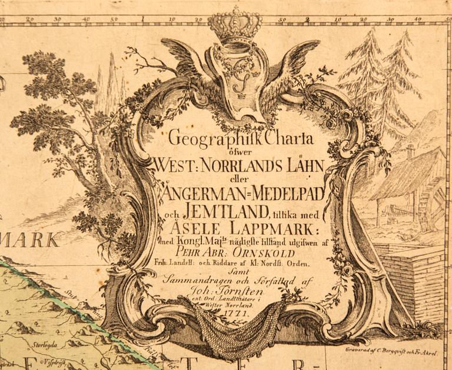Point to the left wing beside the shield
pyautogui.click(x=185, y=65)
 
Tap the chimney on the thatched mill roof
pyautogui.click(x=410, y=152)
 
